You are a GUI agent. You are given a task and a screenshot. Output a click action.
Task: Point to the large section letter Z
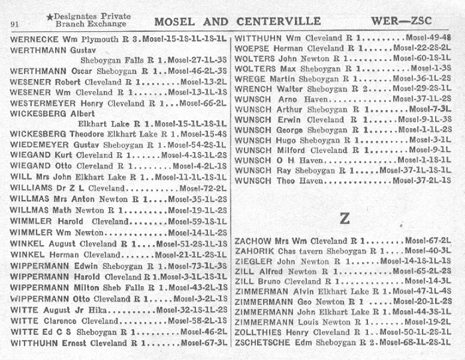point(344,218)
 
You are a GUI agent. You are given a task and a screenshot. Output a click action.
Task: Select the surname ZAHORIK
point(257,250)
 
